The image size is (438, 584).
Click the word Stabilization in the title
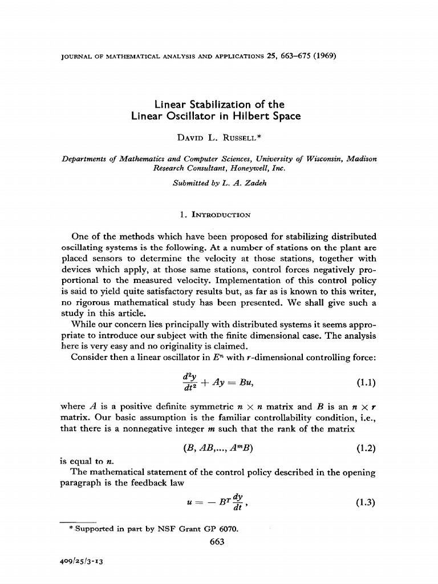tap(206, 104)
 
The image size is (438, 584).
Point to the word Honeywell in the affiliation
tap(241, 169)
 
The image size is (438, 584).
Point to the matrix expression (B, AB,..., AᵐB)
tap(215, 448)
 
